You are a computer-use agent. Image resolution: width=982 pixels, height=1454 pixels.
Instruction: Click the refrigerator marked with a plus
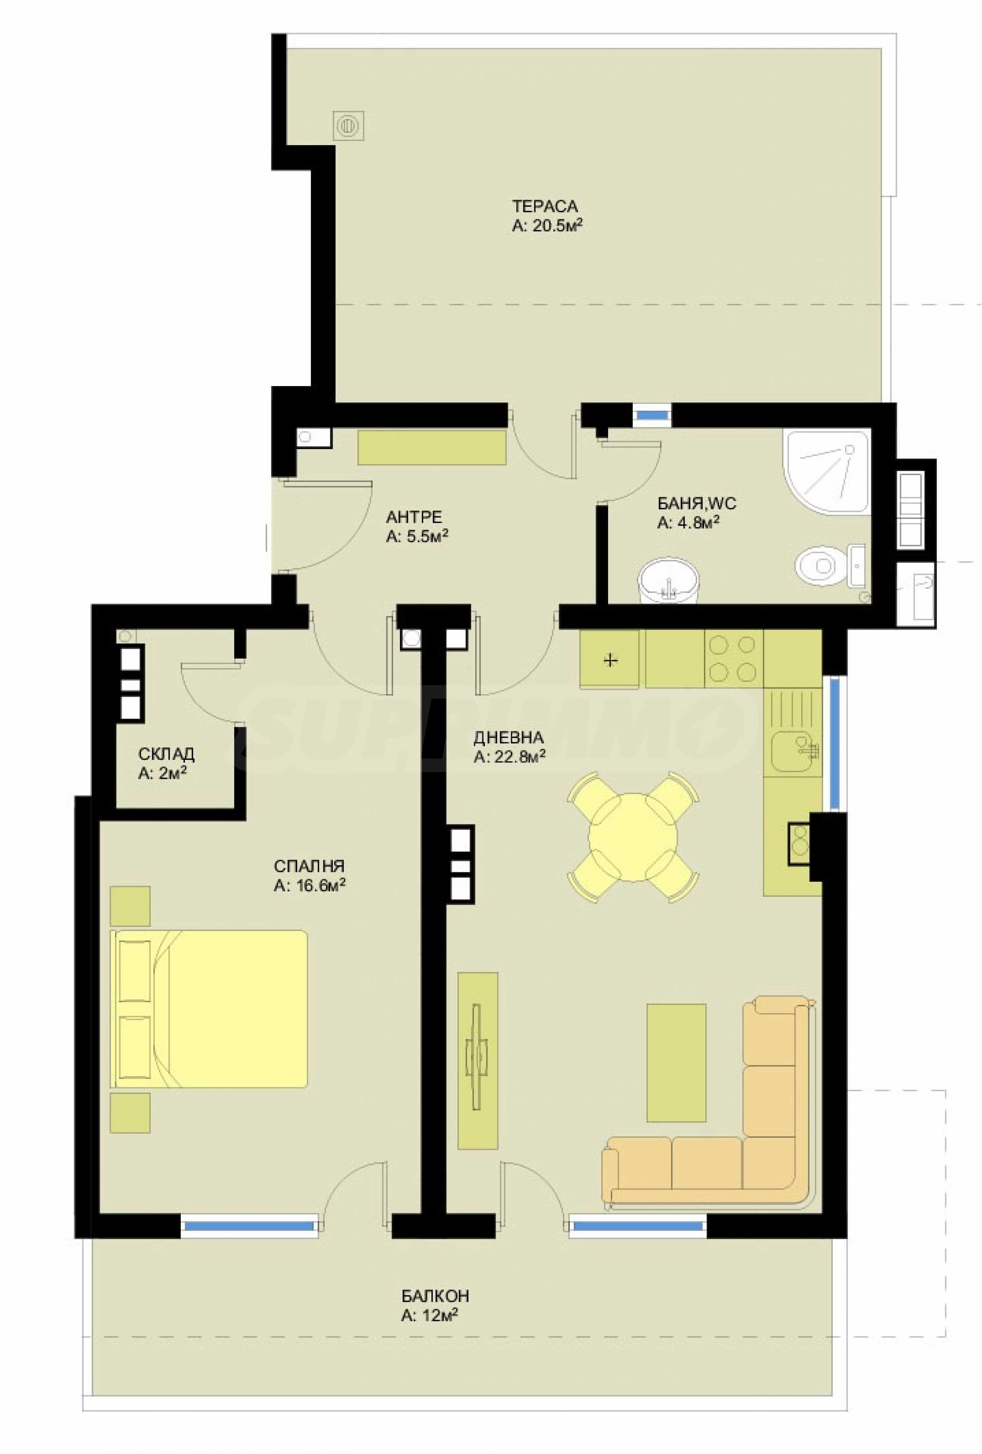click(x=610, y=659)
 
